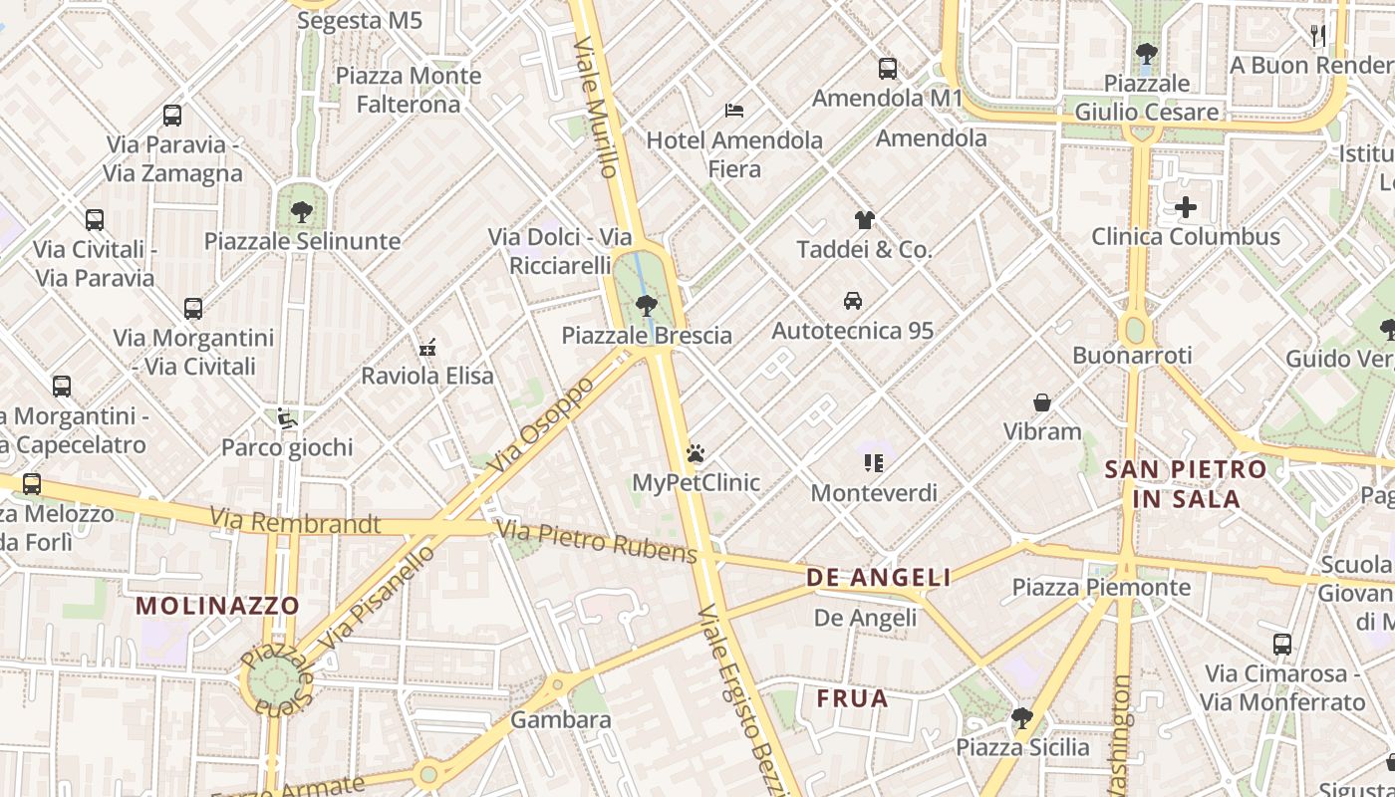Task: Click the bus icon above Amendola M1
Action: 887,69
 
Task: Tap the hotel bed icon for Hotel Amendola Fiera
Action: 734,110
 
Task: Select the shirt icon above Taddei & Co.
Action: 864,220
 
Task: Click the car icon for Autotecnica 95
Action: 853,300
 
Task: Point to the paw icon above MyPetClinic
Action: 696,453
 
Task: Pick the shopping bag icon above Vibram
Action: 1042,402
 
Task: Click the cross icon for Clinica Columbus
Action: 1186,207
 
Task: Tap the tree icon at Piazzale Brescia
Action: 647,305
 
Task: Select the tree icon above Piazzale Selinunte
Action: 302,211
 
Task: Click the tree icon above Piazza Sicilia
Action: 1022,717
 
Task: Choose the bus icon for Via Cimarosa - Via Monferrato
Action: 1281,644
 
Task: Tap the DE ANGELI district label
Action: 878,578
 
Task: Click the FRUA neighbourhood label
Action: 852,698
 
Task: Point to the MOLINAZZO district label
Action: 217,605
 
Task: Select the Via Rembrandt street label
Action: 295,521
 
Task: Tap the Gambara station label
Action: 561,719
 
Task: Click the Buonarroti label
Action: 1132,356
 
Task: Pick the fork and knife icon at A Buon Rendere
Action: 1318,36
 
